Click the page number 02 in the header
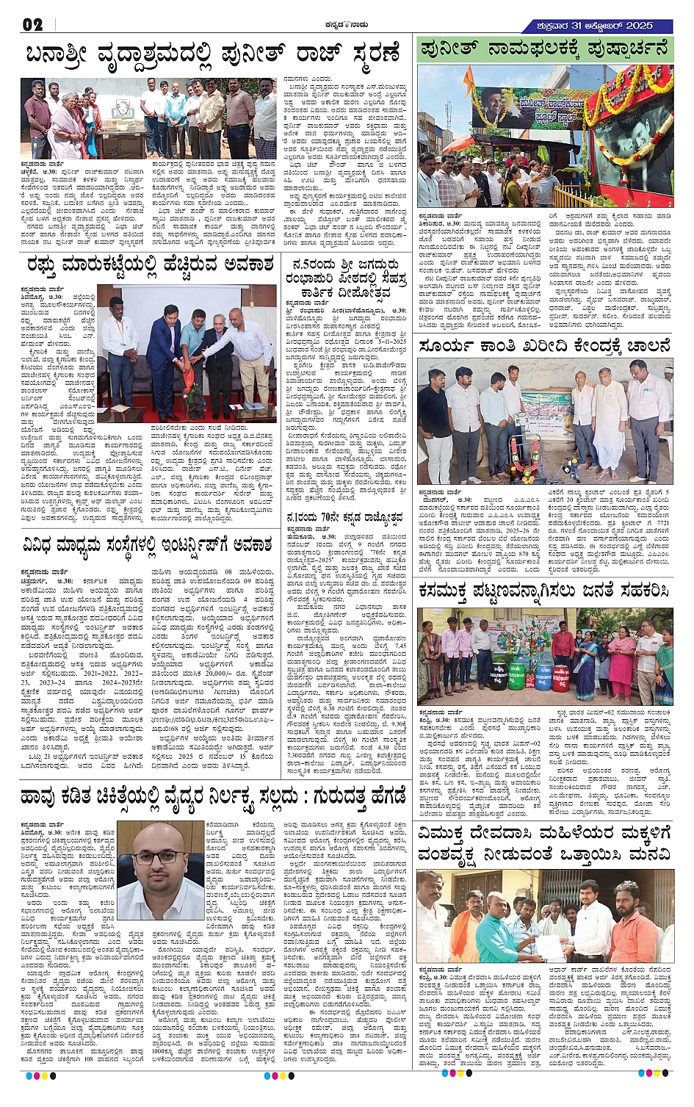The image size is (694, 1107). coord(33,25)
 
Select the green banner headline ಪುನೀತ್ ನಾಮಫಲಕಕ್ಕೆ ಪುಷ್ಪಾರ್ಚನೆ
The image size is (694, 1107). coord(545,51)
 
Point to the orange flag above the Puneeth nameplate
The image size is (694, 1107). coord(467,77)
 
